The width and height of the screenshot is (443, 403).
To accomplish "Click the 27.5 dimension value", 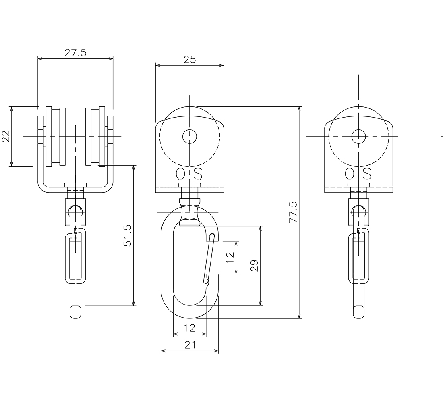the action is [75, 53].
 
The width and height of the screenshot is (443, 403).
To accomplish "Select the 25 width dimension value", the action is [190, 60].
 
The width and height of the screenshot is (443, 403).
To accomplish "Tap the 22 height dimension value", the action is [6, 136].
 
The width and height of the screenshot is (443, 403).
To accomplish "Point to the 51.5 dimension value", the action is [128, 236].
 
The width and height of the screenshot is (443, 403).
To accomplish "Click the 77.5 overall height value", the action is [294, 212].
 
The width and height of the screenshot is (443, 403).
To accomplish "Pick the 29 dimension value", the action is [255, 266].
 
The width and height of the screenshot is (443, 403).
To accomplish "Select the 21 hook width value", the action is [190, 345].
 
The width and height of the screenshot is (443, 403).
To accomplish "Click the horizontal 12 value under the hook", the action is [190, 328].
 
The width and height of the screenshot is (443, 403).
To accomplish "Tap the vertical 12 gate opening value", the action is [230, 257].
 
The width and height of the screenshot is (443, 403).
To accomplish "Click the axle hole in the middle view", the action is [190, 136].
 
